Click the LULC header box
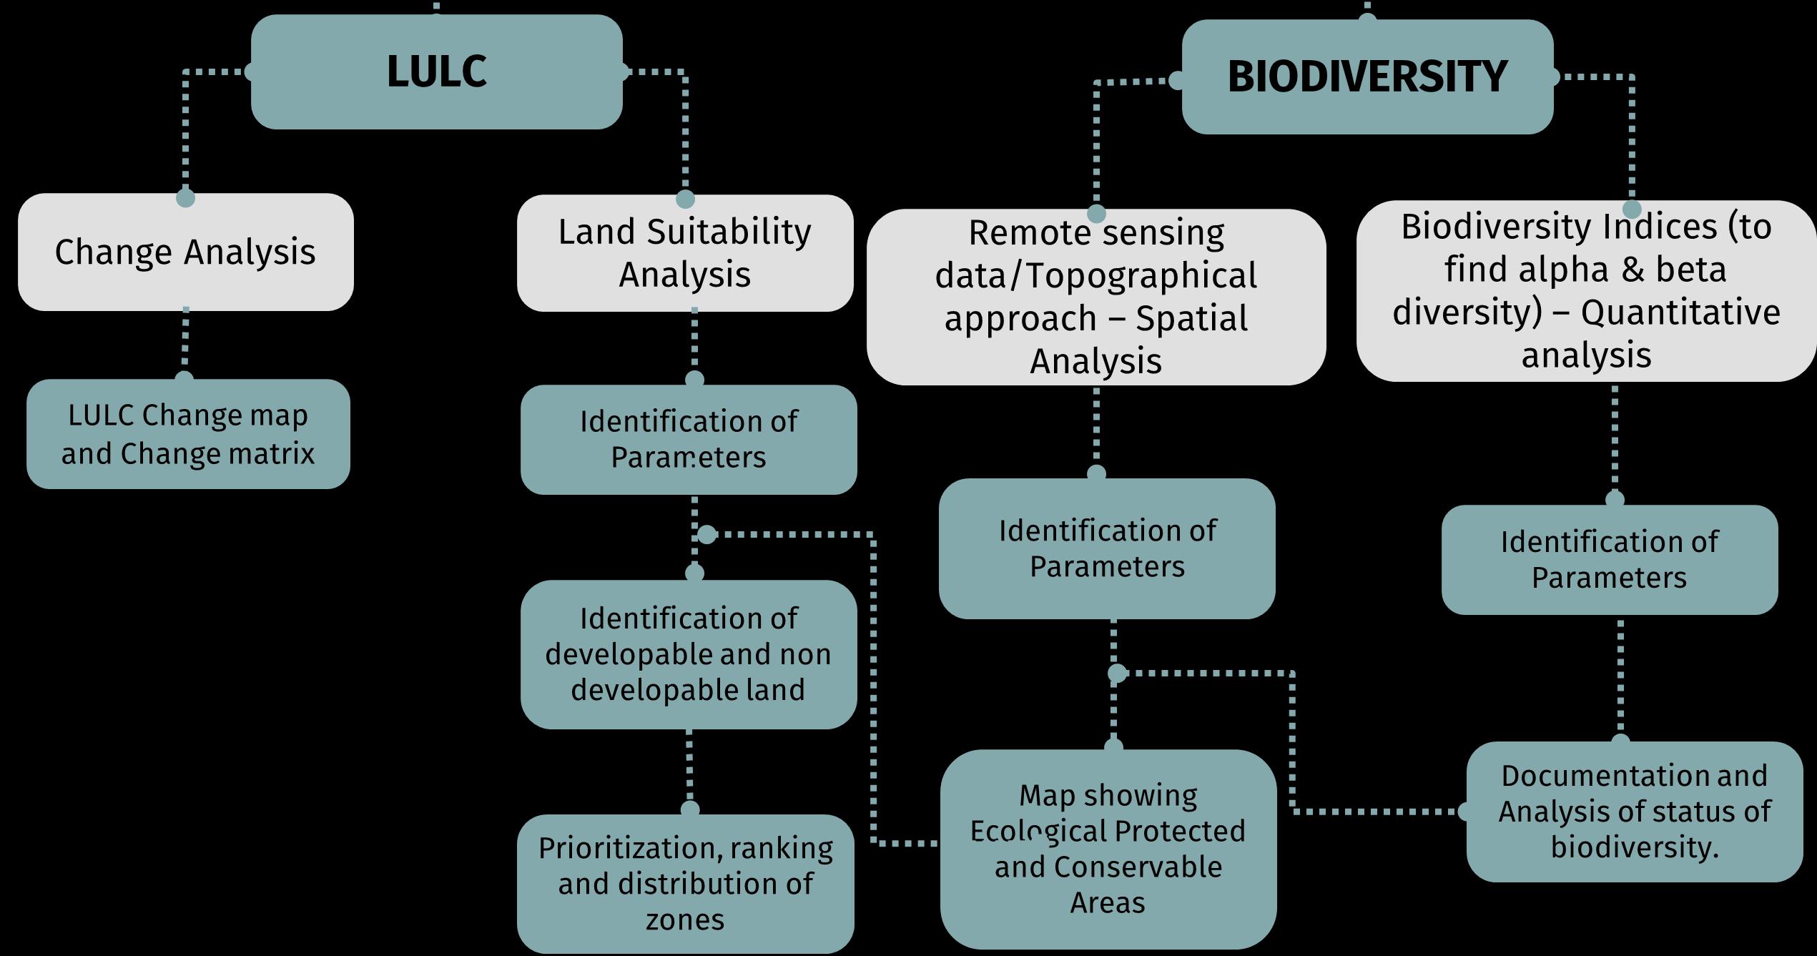coord(436,72)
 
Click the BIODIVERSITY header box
coord(1367,77)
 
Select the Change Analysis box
coord(185,252)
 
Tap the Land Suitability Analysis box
coord(684,252)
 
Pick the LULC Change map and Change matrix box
coord(188,434)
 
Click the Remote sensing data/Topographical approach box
coord(1095,297)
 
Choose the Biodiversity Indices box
coord(1586,290)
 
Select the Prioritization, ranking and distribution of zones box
coord(685,884)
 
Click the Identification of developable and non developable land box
coord(688,654)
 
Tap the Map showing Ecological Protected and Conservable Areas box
coord(1108,849)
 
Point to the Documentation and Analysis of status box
coord(1634,812)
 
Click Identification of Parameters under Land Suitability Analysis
coord(688,439)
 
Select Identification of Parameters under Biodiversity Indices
coord(1609,559)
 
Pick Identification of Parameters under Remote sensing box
coord(1107,548)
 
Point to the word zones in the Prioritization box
coord(684,920)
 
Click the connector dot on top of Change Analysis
coord(185,197)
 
